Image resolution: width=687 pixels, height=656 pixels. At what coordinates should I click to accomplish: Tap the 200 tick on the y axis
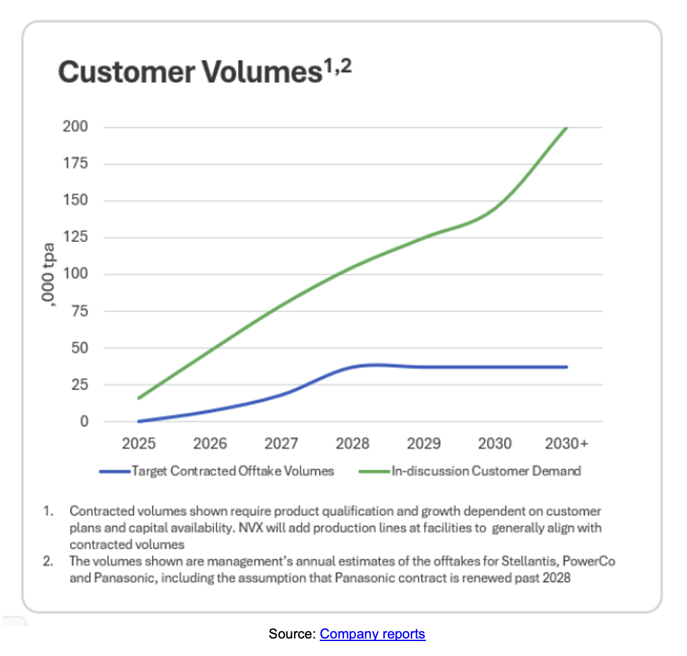[75, 127]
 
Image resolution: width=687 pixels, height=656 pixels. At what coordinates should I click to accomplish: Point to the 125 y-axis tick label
[75, 237]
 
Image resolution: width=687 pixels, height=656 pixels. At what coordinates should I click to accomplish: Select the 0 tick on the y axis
[84, 421]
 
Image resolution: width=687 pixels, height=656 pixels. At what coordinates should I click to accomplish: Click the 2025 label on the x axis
[139, 444]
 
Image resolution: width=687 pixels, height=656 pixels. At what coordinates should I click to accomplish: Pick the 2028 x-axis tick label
[352, 444]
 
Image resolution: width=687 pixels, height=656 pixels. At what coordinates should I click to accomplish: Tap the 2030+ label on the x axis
[566, 444]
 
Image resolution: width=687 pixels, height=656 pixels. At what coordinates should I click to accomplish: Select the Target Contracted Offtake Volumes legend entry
[232, 471]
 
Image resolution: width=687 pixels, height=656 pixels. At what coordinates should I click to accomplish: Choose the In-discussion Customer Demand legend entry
[486, 471]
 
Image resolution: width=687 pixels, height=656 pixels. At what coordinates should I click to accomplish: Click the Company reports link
[372, 634]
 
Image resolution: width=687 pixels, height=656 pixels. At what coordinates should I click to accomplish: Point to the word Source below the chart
[290, 634]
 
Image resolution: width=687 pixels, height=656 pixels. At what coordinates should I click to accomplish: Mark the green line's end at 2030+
[566, 127]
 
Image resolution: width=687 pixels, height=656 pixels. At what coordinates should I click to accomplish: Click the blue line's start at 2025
[139, 421]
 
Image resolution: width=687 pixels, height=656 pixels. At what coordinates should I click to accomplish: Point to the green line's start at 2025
[139, 398]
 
